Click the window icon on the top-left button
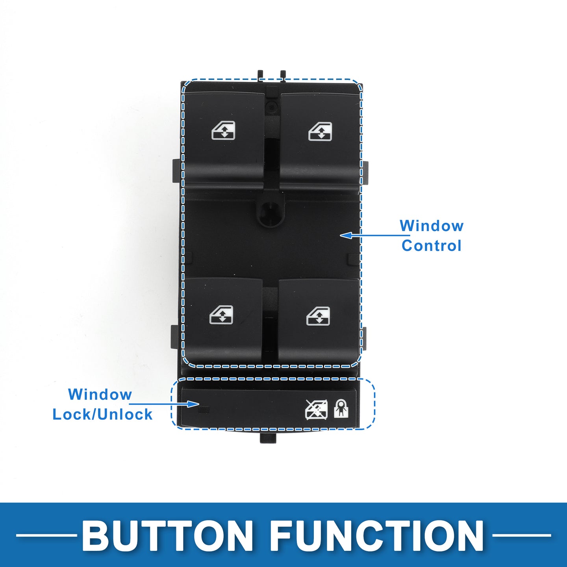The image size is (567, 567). [x=223, y=130]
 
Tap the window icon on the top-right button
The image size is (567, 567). [x=320, y=131]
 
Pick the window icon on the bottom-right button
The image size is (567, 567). [x=318, y=316]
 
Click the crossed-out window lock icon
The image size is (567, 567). [x=317, y=409]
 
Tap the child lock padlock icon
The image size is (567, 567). [x=341, y=408]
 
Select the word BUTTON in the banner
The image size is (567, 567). [x=167, y=534]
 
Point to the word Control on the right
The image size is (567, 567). [x=432, y=245]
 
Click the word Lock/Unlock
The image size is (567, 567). [x=102, y=414]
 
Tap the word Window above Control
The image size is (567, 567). [x=432, y=226]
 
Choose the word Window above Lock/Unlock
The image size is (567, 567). [x=100, y=394]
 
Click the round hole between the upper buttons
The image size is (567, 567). [x=270, y=215]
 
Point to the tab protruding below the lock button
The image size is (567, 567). [x=269, y=437]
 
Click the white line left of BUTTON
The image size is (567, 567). [x=46, y=535]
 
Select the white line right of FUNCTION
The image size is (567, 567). [x=521, y=535]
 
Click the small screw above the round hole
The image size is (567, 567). [x=271, y=105]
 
